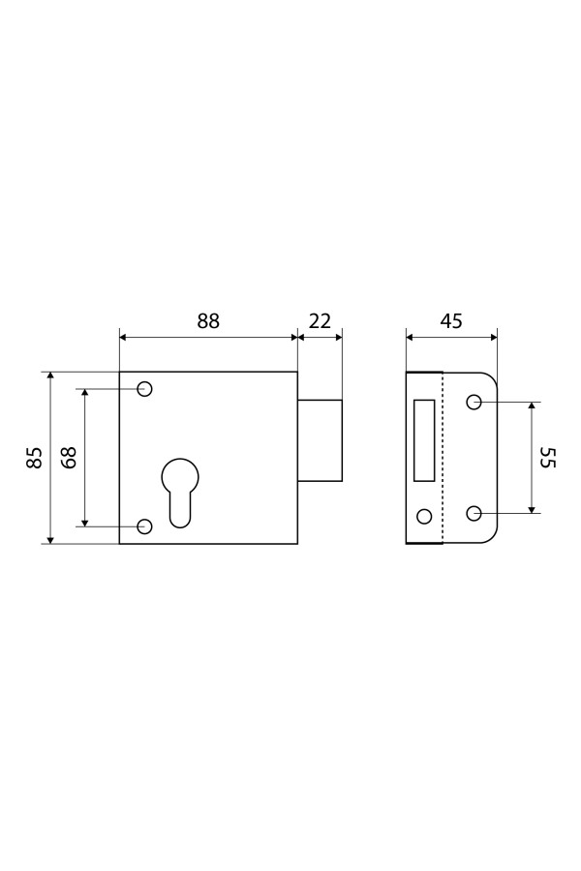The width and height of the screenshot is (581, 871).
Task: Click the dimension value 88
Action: pyautogui.click(x=208, y=321)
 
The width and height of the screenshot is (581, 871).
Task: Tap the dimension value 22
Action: pyautogui.click(x=320, y=321)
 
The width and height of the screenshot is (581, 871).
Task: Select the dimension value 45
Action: pyautogui.click(x=451, y=321)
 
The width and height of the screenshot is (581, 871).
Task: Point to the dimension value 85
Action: pyautogui.click(x=35, y=458)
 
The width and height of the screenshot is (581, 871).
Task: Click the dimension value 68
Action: pyautogui.click(x=69, y=458)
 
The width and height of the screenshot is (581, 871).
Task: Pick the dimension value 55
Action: pyautogui.click(x=548, y=457)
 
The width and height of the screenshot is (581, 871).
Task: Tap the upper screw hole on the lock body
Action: pyautogui.click(x=144, y=389)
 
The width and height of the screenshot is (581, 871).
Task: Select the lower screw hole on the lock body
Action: pyautogui.click(x=144, y=526)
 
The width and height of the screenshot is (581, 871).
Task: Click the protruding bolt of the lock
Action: pyautogui.click(x=320, y=440)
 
